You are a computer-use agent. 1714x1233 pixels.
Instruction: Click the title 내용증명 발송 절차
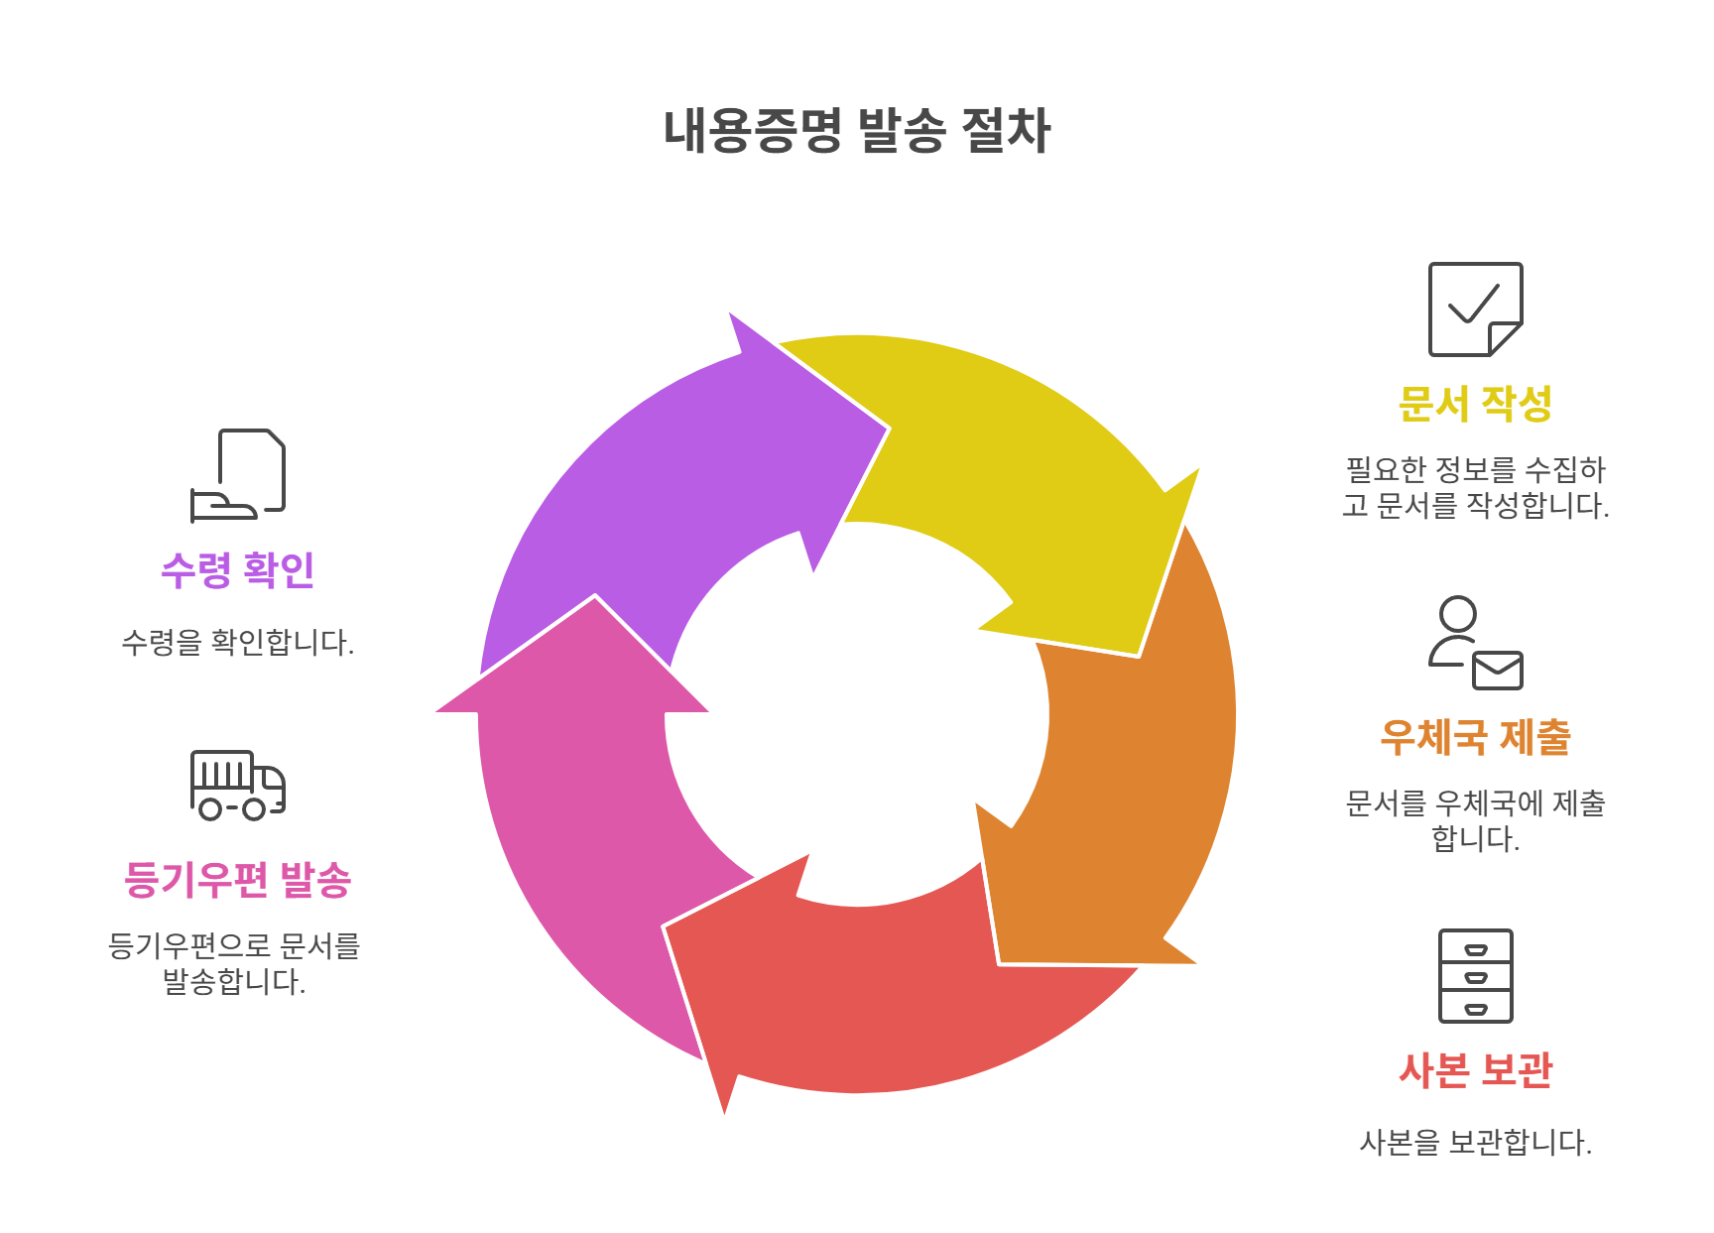pos(856,131)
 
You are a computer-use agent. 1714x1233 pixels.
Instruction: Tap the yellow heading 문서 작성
pos(1475,404)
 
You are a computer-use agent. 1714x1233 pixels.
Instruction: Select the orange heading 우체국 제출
pos(1475,737)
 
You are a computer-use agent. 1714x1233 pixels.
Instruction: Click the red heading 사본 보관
pos(1475,1070)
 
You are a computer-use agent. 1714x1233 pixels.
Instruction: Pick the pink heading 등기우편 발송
pos(237,880)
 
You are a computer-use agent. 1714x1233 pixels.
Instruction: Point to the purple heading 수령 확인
pos(237,570)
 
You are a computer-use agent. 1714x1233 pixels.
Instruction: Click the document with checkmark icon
pos(1475,308)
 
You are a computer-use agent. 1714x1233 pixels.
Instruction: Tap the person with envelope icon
pos(1475,643)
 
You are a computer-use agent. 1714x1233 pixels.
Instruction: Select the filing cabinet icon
pos(1475,976)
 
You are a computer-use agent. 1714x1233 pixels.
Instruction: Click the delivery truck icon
pos(237,785)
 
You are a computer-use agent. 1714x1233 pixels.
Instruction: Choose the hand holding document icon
pos(237,475)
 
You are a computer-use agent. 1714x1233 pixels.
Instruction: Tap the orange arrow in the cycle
pos(1121,774)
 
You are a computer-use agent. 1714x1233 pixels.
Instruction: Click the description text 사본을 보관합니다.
pos(1475,1143)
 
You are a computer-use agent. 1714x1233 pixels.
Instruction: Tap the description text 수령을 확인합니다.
pos(237,643)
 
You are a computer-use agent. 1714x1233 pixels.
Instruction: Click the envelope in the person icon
pos(1497,671)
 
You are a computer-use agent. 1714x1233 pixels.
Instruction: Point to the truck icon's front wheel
pos(255,809)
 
